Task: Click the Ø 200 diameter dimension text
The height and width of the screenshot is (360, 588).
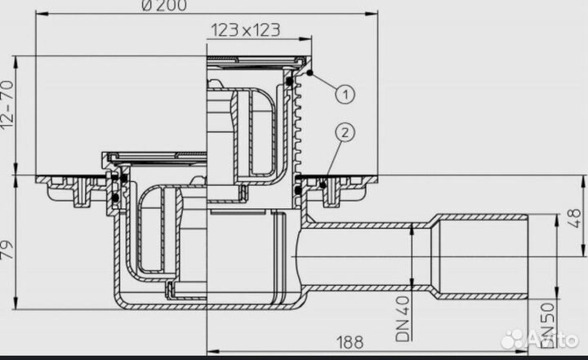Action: [164, 7]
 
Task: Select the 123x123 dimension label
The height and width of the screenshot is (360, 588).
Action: [246, 30]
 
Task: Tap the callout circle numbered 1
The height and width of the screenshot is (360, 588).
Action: [345, 95]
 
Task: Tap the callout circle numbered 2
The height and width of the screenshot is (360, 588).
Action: [345, 131]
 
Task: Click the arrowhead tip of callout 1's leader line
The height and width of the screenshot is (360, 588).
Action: [313, 73]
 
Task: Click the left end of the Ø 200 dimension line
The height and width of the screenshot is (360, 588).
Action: [38, 14]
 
